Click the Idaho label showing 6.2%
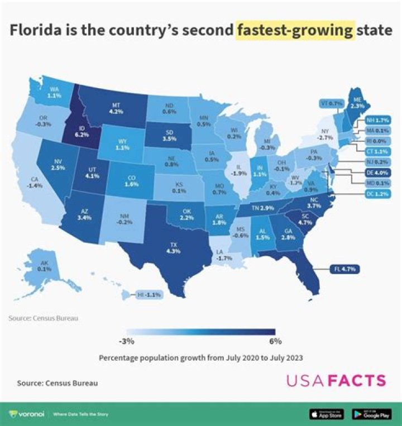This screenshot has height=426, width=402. (x=82, y=131)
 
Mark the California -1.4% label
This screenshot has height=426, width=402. (x=35, y=182)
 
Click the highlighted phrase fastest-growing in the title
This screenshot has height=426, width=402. (x=295, y=30)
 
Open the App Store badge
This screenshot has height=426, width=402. (x=327, y=414)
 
